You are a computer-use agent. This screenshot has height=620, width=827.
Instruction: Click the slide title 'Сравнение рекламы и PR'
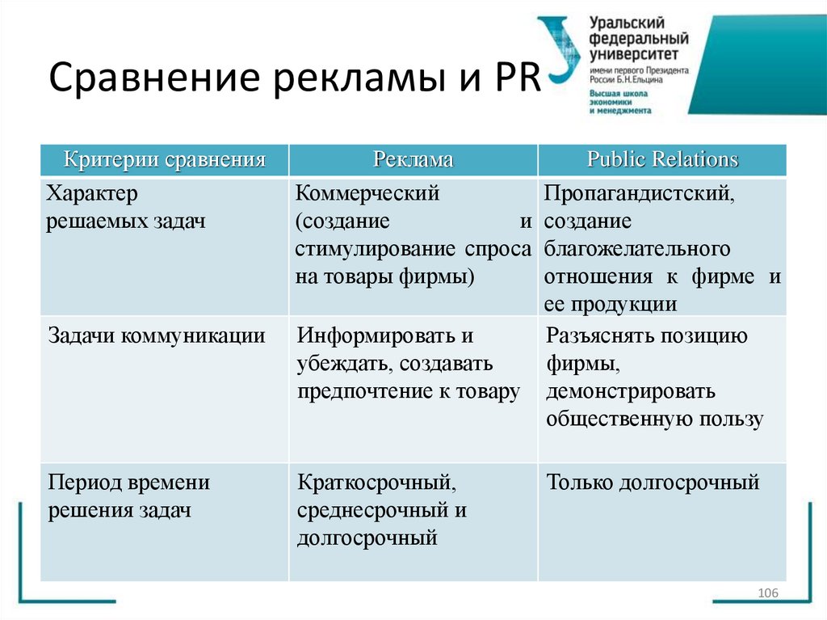[295, 82]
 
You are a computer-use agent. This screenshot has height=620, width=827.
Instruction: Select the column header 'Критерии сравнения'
[165, 159]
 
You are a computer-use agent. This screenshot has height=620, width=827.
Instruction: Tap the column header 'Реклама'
[413, 159]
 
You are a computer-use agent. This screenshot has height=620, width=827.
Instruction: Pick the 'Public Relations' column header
[662, 159]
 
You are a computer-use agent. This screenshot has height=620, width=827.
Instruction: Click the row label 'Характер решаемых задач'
[126, 208]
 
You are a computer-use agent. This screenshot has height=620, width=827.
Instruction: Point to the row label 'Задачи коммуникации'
[157, 335]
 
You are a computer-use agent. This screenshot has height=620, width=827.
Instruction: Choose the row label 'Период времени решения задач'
[129, 496]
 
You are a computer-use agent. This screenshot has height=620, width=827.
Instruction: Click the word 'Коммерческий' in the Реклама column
[367, 194]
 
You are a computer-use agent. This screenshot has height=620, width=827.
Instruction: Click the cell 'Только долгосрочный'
[653, 483]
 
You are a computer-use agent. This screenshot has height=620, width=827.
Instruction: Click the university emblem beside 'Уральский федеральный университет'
[558, 50]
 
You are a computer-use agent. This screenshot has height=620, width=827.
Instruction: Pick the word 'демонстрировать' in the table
[631, 392]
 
